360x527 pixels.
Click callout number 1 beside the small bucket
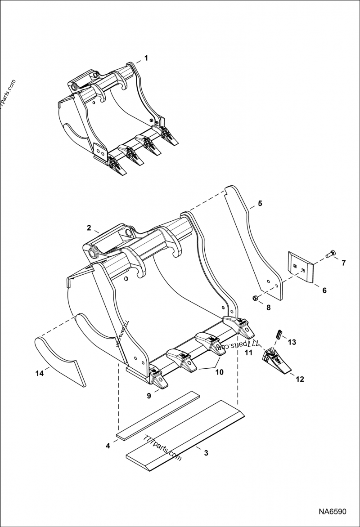(146, 58)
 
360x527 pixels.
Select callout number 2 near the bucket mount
(89, 228)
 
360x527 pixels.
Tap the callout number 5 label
(260, 203)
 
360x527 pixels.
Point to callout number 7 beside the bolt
(343, 263)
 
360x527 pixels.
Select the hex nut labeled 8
(254, 298)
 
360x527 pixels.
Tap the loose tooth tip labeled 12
(276, 360)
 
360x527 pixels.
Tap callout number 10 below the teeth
(219, 372)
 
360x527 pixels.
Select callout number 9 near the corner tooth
(149, 396)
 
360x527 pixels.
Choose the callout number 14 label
(40, 373)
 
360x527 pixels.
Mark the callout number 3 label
(206, 453)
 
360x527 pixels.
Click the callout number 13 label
(292, 342)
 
